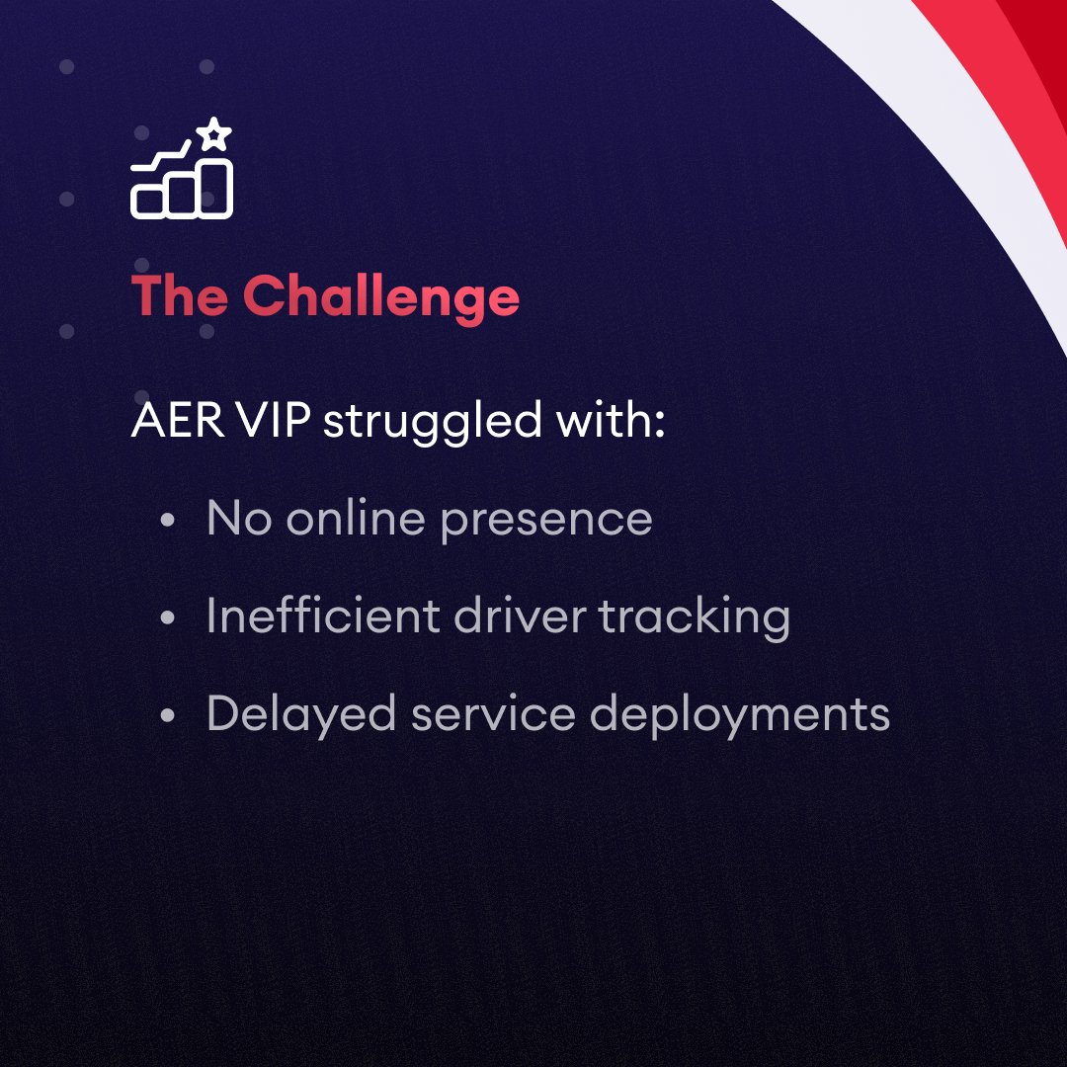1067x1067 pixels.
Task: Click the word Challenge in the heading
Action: (x=381, y=295)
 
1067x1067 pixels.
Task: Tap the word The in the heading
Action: (x=180, y=295)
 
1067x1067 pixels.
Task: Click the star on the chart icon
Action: (x=214, y=134)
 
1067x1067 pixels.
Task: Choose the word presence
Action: (x=546, y=521)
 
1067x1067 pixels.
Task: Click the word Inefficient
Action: (x=322, y=616)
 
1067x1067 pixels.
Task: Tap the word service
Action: (x=493, y=714)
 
